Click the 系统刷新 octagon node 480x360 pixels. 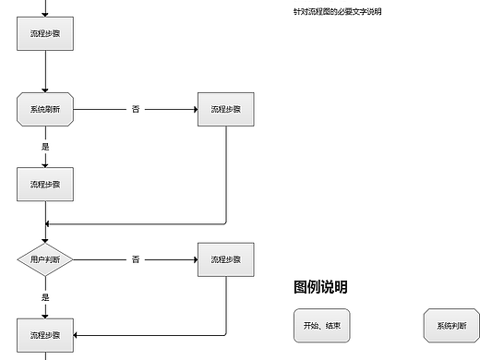[x=45, y=109]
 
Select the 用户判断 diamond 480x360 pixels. [x=45, y=259]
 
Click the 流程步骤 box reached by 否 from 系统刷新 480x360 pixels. [x=225, y=109]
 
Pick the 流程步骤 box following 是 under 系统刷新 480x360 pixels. [x=45, y=184]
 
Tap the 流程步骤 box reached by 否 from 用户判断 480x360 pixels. [x=225, y=259]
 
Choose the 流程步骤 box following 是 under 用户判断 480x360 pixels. [x=45, y=334]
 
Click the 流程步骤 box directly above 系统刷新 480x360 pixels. [x=45, y=33]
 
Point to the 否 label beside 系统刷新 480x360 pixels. [x=136, y=109]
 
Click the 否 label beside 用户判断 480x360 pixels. [x=136, y=259]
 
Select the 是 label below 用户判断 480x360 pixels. [x=45, y=297]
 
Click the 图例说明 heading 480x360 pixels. [x=320, y=287]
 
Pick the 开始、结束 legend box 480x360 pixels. [x=320, y=326]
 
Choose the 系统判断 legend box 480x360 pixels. [x=451, y=326]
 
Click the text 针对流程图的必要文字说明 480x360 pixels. [x=337, y=11]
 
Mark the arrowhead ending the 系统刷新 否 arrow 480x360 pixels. [x=195, y=109]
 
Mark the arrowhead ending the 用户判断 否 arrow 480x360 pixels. [x=195, y=259]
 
